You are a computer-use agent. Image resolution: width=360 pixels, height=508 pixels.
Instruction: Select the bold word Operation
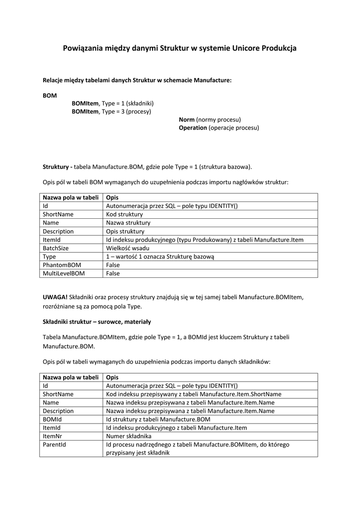pos(193,127)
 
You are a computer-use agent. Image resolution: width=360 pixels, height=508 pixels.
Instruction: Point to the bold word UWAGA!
pos(55,297)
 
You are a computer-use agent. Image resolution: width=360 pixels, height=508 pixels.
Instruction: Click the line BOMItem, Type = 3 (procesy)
pos(111,111)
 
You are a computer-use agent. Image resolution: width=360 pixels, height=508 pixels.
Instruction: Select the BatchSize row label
pos(56,248)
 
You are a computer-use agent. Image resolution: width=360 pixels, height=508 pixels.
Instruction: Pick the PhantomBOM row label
pos(62,265)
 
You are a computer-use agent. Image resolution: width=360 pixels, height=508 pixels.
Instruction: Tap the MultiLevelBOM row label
pos(64,273)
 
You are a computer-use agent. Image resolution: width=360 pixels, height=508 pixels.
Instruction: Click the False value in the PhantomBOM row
pos(113,265)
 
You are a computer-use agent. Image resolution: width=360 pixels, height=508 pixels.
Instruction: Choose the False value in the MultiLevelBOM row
pos(113,273)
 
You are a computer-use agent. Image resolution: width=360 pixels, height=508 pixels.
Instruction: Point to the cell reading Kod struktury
pos(124,214)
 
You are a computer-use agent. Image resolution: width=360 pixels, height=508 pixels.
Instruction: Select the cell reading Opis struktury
pos(125,231)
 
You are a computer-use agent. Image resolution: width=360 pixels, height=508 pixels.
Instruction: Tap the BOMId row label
pos(52,419)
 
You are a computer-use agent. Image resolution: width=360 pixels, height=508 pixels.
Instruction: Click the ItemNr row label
pos(53,436)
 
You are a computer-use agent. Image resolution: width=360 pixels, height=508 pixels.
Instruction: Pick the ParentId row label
pos(54,444)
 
